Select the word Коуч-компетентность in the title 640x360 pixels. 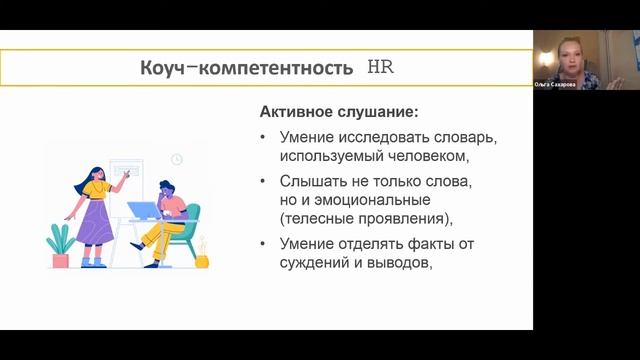[x=246, y=69]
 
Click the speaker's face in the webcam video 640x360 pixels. [x=565, y=52]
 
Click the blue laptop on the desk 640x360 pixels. [x=143, y=211]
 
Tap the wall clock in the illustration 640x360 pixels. [x=177, y=159]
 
